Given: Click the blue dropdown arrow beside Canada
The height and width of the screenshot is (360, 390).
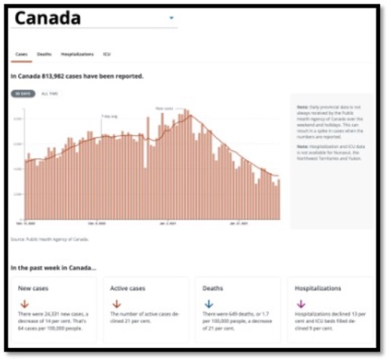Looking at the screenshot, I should tap(172, 17).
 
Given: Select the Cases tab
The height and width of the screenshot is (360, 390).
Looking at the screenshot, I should tap(21, 54).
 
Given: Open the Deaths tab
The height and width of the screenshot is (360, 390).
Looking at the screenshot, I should tap(45, 54).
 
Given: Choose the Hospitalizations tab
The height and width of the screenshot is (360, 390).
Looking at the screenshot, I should tap(77, 54).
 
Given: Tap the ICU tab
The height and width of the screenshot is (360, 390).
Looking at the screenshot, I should tap(107, 54).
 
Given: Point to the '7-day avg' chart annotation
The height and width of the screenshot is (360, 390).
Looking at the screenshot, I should tap(110, 116).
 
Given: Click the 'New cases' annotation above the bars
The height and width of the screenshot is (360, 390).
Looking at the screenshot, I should tap(165, 109).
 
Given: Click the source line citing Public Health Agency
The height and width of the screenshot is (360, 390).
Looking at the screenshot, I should tap(50, 239).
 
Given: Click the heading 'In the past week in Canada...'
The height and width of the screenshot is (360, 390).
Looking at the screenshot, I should tap(53, 268).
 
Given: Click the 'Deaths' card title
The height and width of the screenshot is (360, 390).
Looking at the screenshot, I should tap(213, 288).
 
